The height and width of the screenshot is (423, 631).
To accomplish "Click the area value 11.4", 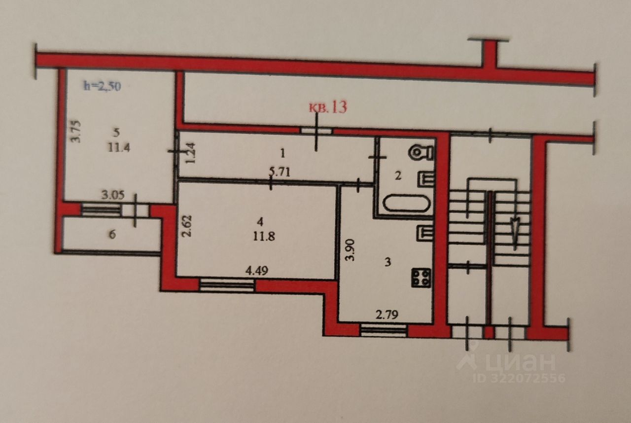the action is click(119, 147).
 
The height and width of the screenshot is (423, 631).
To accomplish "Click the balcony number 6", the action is click(112, 235).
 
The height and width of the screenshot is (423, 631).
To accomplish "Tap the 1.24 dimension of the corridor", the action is click(192, 152).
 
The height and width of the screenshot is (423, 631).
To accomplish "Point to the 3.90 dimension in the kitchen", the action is click(350, 252).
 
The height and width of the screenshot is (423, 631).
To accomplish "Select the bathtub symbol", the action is click(406, 203).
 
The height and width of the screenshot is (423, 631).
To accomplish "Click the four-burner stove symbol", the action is click(422, 278).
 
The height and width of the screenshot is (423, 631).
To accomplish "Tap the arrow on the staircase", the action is click(514, 229).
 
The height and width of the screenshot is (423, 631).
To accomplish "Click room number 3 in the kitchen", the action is click(387, 262).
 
